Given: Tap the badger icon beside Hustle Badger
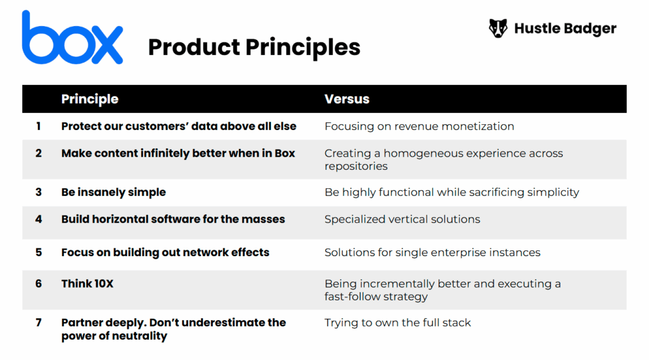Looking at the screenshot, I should (x=498, y=29).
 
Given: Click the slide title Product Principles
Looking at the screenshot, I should (x=254, y=47).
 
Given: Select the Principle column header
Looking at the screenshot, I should (x=89, y=99).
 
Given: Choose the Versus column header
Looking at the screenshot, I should (x=347, y=99).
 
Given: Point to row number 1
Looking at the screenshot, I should (x=39, y=126).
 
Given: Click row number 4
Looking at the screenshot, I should (x=39, y=219).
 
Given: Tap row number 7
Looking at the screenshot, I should (x=39, y=323).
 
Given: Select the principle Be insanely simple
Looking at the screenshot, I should (x=113, y=192).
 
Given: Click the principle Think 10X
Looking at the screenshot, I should (x=87, y=283).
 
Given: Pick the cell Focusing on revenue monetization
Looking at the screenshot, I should (x=419, y=126).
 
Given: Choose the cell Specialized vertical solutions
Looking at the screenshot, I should (x=402, y=219).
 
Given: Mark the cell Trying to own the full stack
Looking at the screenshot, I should (x=397, y=323).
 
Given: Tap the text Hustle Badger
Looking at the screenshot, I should (x=565, y=29).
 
